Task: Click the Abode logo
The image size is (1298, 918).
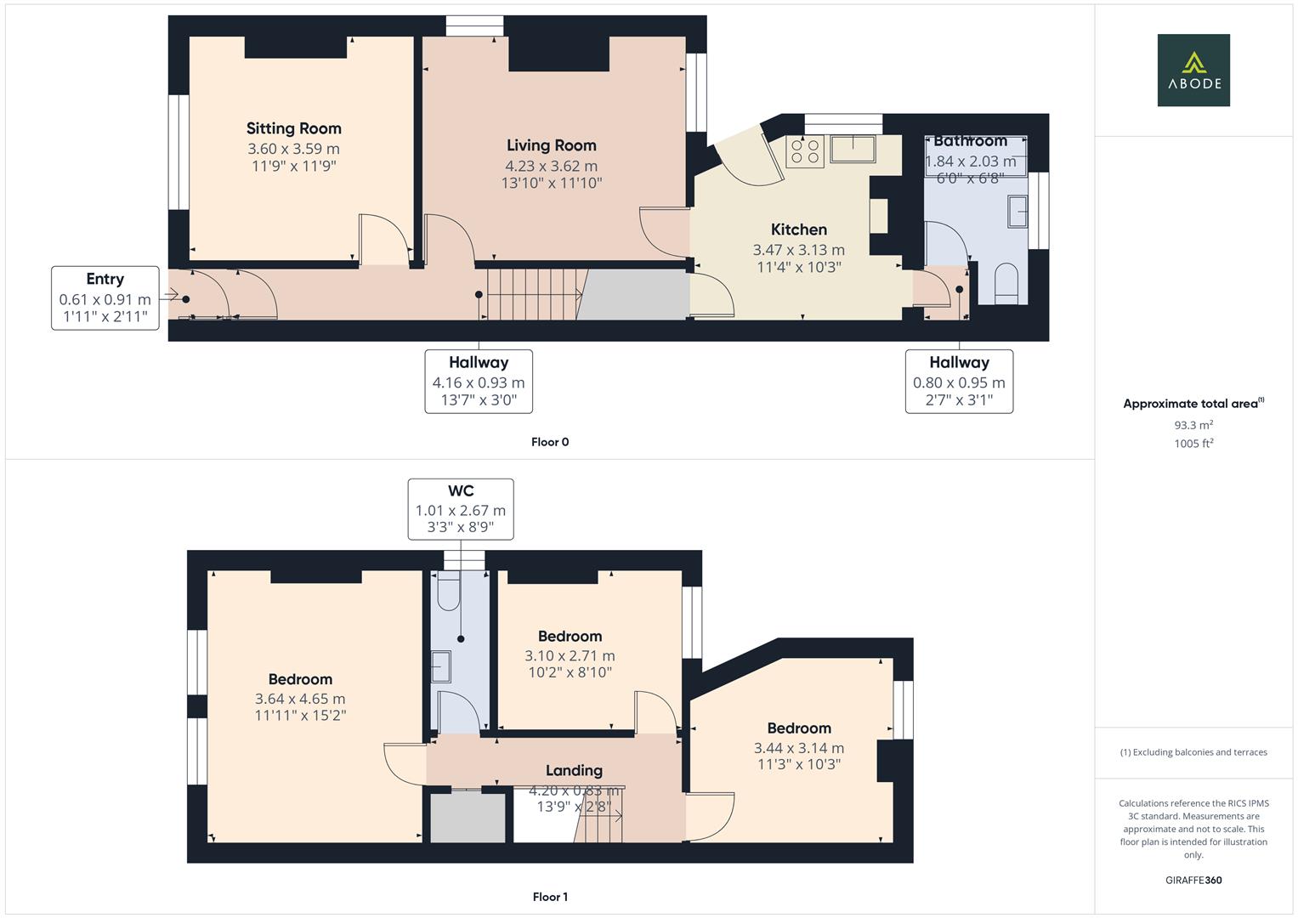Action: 1193,71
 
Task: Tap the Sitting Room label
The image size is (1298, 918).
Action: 294,128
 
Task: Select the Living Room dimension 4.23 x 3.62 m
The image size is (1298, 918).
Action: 551,166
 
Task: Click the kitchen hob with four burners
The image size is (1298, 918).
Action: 804,152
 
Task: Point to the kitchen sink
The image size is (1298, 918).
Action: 853,149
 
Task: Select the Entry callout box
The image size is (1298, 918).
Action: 105,297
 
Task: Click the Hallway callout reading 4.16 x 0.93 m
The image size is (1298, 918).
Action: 479,381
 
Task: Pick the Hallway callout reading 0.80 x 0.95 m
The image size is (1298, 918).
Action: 959,381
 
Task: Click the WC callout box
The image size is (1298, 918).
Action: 461,509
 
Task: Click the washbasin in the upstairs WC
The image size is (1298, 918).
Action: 441,666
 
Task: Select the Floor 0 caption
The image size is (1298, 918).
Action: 550,442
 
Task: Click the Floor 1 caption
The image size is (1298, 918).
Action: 550,897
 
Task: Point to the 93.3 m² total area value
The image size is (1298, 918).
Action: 1193,425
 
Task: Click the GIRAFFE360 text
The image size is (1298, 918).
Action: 1193,880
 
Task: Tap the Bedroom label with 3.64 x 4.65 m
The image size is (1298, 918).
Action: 300,679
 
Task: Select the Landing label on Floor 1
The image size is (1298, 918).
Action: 574,770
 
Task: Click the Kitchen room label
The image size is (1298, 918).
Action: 798,229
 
